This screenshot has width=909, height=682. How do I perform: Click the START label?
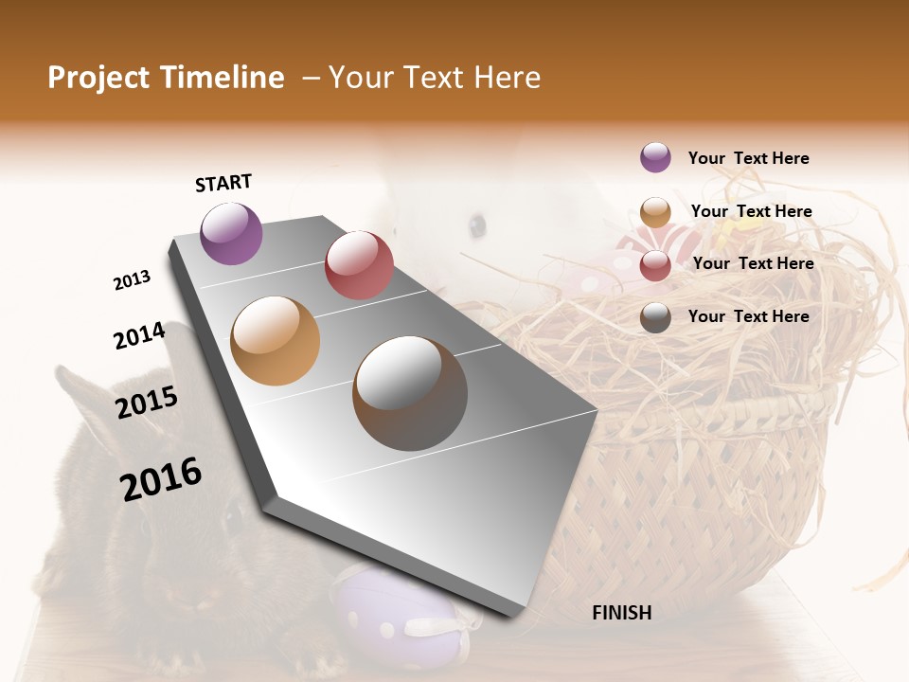coord(223,183)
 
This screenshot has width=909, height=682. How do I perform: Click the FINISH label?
coord(621,613)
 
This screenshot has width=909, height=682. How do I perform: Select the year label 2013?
coord(132,280)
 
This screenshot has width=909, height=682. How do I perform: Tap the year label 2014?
coord(139,336)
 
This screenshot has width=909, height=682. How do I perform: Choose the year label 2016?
coord(161,478)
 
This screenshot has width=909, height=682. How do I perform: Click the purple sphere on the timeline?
coord(231,233)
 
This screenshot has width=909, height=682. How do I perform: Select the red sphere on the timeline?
coord(359,265)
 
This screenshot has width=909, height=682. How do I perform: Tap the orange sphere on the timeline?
coord(275,341)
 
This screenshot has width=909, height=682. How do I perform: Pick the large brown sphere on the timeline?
coord(410,393)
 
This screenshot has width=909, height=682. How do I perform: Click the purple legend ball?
coord(655,157)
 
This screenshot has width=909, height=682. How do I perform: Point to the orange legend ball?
coord(655,212)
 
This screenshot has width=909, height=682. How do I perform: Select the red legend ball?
coord(655,265)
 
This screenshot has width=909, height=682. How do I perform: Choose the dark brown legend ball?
coord(655,317)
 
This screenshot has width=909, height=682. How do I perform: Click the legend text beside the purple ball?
coord(748,158)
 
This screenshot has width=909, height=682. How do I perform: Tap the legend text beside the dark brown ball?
coord(748,316)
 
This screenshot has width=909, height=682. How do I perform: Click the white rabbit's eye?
coord(476,225)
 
